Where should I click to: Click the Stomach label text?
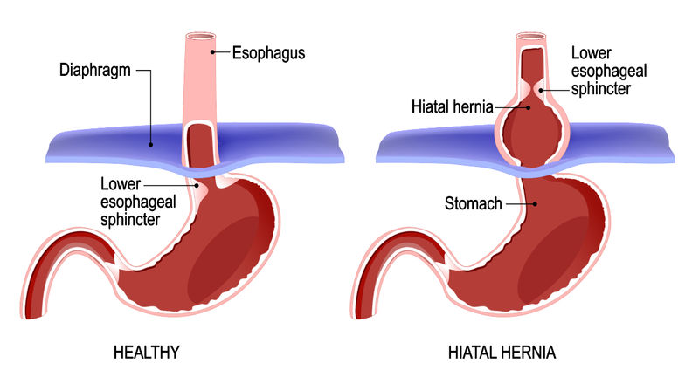(x=473, y=204)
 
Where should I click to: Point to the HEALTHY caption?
(x=147, y=353)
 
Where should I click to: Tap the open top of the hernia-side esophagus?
(x=532, y=38)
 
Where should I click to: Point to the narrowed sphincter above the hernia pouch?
(x=532, y=89)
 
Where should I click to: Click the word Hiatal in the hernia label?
(x=429, y=106)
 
